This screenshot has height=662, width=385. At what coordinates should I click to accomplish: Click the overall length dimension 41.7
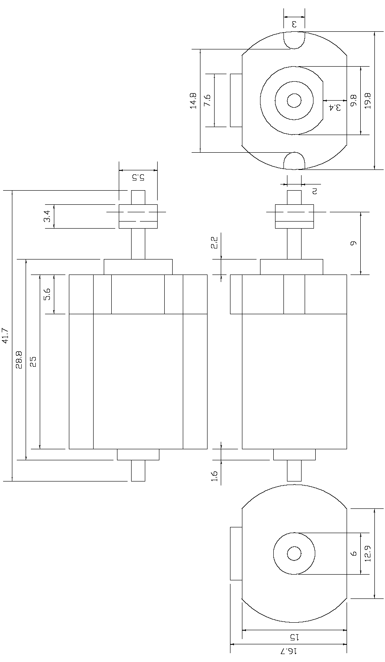(5, 335)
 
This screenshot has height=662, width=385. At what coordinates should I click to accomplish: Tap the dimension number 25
(33, 361)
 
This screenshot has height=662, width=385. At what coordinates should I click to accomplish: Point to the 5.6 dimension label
(47, 294)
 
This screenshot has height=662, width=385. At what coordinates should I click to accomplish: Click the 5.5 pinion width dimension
(138, 177)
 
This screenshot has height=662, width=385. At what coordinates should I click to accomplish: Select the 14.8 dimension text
(193, 101)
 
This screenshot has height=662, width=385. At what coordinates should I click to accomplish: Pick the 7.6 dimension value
(207, 101)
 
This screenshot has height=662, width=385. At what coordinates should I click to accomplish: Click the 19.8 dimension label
(367, 101)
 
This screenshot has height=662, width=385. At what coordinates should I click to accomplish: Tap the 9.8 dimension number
(353, 101)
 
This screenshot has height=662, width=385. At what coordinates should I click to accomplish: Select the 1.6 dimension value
(214, 475)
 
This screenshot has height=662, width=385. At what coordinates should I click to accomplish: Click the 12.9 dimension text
(367, 553)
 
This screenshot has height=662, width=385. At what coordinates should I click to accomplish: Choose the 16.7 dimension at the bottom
(289, 651)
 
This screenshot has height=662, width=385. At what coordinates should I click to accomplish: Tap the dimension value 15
(294, 637)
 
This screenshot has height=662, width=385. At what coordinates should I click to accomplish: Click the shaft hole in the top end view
(294, 101)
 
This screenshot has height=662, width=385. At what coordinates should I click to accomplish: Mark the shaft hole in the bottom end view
(294, 553)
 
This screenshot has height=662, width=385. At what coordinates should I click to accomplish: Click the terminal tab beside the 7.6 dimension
(236, 101)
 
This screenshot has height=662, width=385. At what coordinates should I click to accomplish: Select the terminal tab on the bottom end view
(236, 553)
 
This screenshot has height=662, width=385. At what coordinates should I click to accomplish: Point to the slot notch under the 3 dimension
(294, 41)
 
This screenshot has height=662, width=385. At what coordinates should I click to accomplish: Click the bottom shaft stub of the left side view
(138, 470)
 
